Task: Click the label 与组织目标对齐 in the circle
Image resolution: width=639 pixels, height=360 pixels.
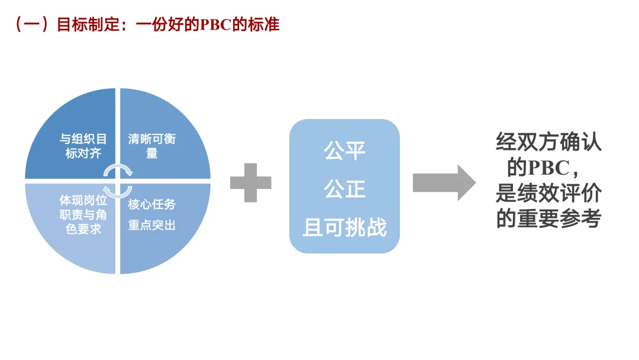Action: (83, 146)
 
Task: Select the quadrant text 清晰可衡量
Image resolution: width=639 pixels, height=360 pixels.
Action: (152, 146)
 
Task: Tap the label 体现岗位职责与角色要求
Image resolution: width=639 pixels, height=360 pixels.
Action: (83, 214)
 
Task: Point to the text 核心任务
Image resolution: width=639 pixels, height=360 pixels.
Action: (152, 204)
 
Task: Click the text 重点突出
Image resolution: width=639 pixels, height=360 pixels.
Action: (152, 225)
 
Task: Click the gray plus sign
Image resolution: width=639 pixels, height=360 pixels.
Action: (250, 182)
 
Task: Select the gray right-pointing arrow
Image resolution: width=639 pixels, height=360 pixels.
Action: (443, 182)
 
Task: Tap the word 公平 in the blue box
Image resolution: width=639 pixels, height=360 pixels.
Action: (344, 151)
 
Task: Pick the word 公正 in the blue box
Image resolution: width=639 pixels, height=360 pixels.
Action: (344, 189)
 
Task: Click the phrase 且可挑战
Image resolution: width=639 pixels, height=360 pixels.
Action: (344, 227)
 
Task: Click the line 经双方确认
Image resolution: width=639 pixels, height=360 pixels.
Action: (548, 143)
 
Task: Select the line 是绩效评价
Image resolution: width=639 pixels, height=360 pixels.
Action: (548, 194)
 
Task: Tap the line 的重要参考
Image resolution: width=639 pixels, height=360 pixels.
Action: (548, 218)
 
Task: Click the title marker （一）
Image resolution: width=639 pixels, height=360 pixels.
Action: (33, 25)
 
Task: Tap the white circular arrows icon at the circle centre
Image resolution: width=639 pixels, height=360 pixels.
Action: (118, 181)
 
